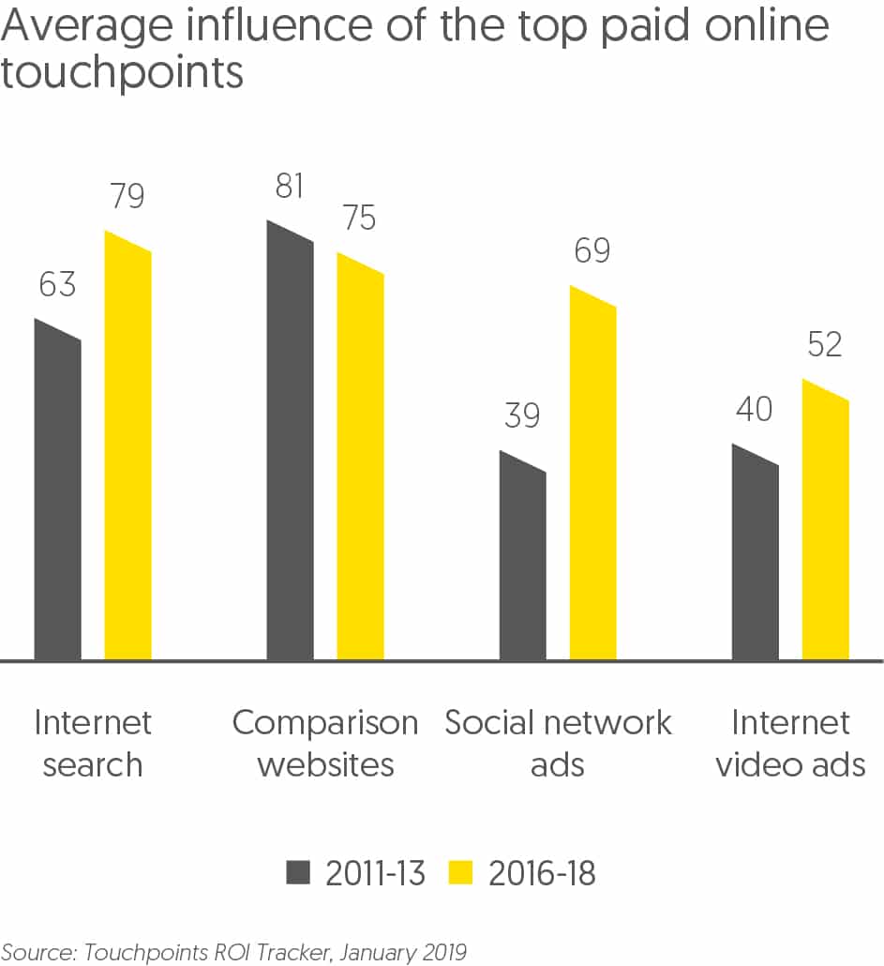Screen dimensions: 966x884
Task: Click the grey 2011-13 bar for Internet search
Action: [x=57, y=497]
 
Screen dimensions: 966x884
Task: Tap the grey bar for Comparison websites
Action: [x=290, y=445]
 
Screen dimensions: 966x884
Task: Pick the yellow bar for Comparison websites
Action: [x=360, y=464]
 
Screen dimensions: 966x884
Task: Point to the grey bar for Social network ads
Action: [x=522, y=563]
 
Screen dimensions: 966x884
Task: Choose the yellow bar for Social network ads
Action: [x=592, y=478]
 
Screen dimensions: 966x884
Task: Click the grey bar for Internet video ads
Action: [x=755, y=558]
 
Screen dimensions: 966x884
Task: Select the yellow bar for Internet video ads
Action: [x=825, y=525]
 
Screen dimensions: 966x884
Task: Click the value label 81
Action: [x=290, y=186]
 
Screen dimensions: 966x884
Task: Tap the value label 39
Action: [x=522, y=415]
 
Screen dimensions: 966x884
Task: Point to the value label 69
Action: [x=592, y=251]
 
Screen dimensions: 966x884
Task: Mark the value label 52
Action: [x=825, y=345]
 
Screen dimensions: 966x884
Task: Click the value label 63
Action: [x=57, y=284]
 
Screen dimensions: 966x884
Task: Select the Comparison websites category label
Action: [x=324, y=744]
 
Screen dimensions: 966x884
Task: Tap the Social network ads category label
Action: [x=558, y=744]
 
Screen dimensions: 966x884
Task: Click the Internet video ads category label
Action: [x=790, y=744]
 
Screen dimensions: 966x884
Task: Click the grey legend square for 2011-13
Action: [x=298, y=874]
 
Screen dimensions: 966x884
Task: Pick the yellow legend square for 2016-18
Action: [x=461, y=874]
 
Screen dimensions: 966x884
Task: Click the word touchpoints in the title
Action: [x=122, y=73]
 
